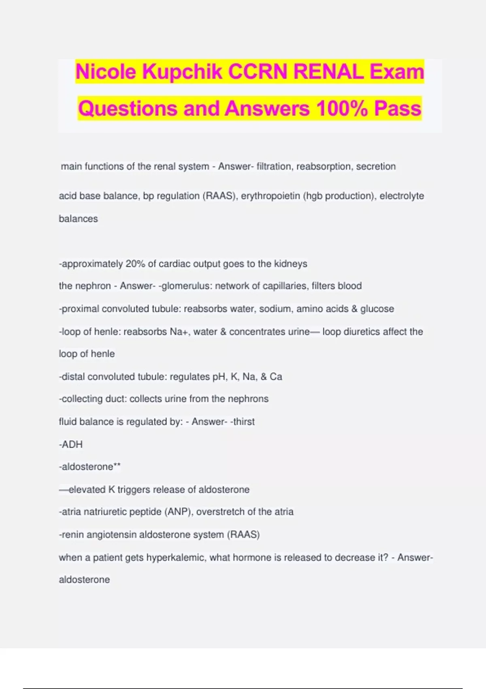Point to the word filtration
point(274,167)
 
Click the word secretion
point(376,167)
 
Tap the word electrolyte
point(402,196)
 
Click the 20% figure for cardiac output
point(135,264)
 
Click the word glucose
point(377,309)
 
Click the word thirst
point(243,422)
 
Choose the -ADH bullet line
point(71,445)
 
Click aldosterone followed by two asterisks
point(90,467)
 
